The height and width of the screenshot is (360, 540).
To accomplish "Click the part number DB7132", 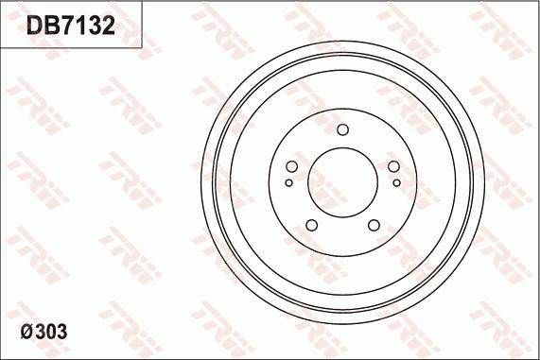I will tap(71, 26).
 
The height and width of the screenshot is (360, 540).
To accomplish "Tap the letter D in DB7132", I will tap(34, 26).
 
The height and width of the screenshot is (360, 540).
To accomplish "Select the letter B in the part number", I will tap(51, 26).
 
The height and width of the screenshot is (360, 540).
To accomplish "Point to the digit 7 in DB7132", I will tap(67, 26).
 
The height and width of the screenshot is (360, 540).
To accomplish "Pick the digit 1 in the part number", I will tap(81, 26).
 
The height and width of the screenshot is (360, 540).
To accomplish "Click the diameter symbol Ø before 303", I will tap(27, 333).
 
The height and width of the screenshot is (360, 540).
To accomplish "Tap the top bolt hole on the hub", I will tap(342, 129).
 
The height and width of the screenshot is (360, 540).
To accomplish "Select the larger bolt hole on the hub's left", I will tap(291, 167).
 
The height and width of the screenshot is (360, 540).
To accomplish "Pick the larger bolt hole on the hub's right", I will tap(393, 167).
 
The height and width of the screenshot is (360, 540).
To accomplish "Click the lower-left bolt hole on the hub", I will tap(311, 225).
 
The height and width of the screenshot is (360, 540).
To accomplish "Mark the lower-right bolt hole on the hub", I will tap(374, 225).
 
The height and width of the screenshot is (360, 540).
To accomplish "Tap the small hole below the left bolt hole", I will tap(288, 183).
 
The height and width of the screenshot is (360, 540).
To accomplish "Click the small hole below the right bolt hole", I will tap(397, 183).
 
